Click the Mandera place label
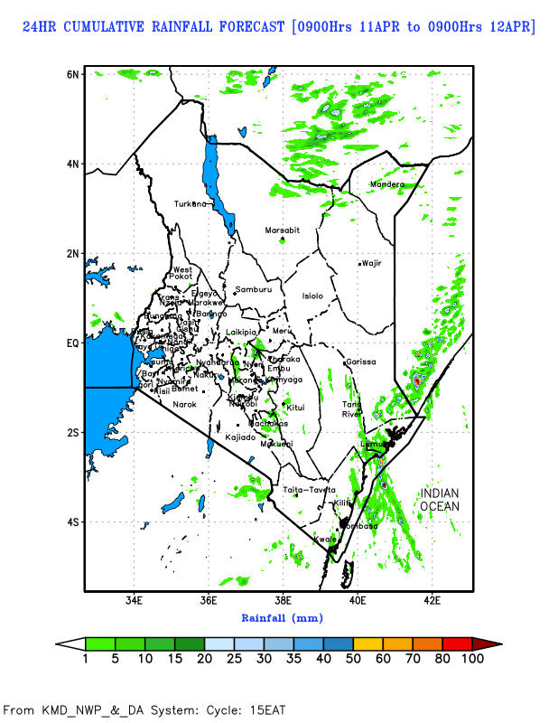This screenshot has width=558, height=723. click(387, 184)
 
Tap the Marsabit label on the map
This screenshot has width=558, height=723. click(282, 230)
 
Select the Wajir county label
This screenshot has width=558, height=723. click(372, 263)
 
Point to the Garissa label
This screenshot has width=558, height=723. click(360, 361)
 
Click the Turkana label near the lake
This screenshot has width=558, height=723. click(191, 203)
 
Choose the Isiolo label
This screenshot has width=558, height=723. click(312, 296)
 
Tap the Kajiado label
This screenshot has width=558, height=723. click(241, 437)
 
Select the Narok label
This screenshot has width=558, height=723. click(185, 404)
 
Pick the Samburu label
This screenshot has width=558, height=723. click(253, 289)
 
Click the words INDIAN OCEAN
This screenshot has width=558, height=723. click(439, 500)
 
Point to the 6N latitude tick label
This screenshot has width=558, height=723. click(73, 73)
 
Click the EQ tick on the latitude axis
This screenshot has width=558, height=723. click(72, 343)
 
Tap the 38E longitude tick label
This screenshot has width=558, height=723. click(283, 600)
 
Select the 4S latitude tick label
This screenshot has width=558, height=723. click(73, 522)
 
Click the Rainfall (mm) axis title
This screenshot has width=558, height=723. click(282, 618)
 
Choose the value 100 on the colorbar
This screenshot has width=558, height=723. click(471, 659)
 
